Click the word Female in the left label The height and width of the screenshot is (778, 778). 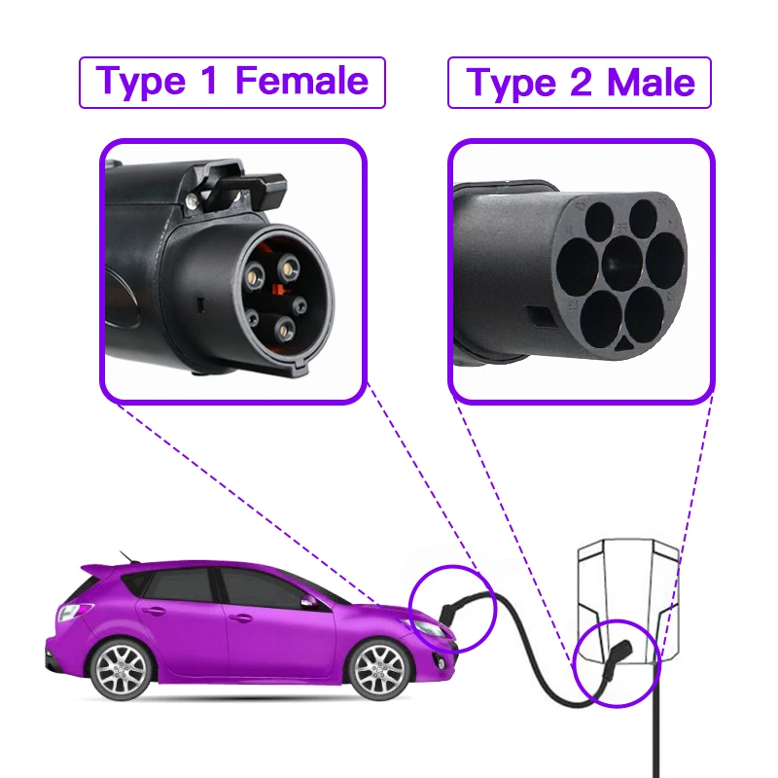302,82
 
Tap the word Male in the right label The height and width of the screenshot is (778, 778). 652,84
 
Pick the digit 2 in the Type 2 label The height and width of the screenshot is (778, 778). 581,84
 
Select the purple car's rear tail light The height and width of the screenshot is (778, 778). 74,613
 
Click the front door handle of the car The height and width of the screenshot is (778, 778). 237,618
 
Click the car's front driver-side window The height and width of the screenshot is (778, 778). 263,586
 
